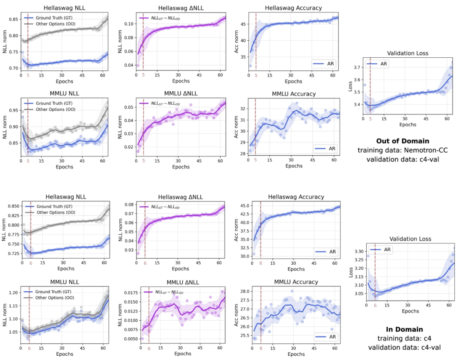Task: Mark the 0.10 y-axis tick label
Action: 128,24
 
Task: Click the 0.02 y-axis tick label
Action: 128,147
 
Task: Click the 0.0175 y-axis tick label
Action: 130,293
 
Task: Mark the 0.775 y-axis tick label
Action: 13,234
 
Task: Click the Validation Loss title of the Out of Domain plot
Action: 407,53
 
